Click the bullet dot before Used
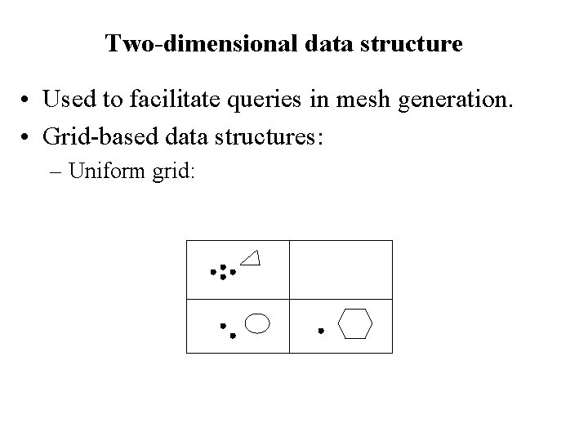27,100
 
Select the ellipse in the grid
258,323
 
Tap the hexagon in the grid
355,323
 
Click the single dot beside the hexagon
321,331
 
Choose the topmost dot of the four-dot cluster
223,266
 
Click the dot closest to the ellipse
233,335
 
